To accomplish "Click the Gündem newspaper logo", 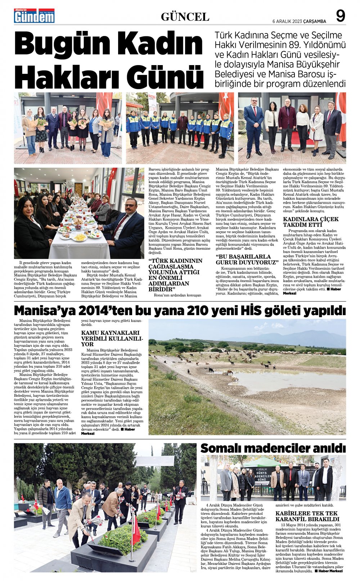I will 34,16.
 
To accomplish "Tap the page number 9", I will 340,16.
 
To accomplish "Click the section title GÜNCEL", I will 185,17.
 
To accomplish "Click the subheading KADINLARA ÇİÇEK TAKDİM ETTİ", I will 311,222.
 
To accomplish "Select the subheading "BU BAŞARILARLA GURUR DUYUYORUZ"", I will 248,259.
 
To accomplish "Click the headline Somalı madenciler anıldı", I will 273,448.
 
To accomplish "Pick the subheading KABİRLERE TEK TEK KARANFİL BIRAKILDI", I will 307,516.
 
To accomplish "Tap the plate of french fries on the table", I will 80,237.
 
